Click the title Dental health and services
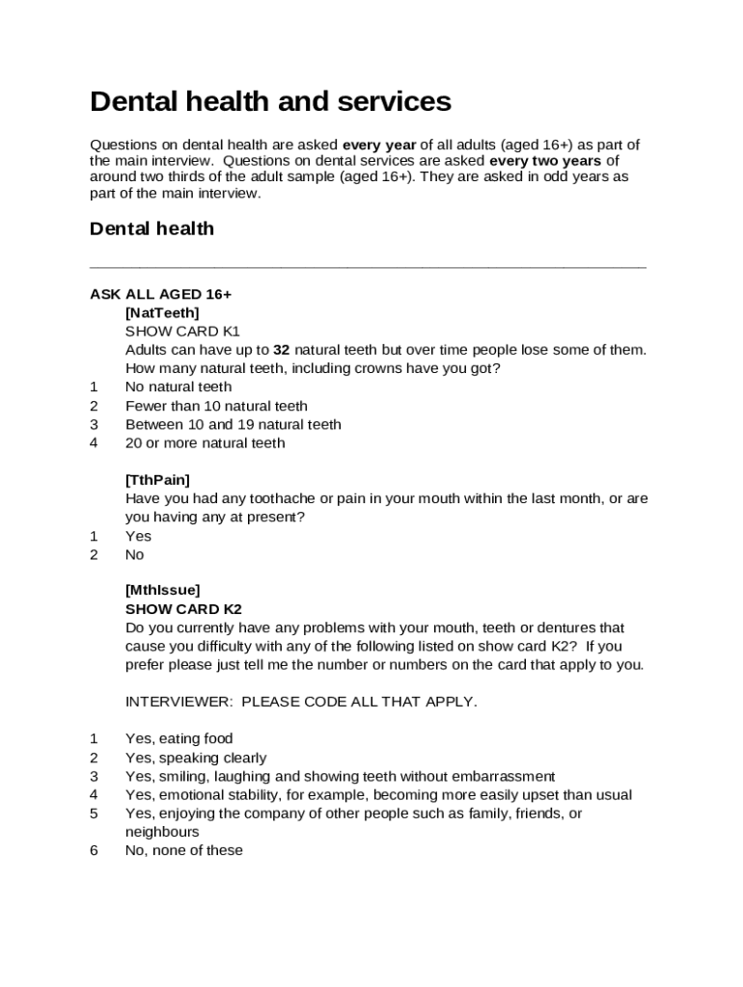(270, 101)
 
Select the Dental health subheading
(151, 228)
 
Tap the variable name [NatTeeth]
(162, 312)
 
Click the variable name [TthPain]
(157, 479)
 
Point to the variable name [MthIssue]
(162, 590)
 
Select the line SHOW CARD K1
(182, 331)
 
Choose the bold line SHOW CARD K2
(183, 609)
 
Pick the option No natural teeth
(179, 387)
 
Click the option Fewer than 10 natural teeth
(216, 406)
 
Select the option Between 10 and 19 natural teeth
(233, 424)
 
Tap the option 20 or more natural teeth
(206, 443)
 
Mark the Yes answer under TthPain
(138, 536)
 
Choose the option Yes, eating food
(179, 739)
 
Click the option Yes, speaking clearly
(196, 758)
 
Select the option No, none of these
(183, 850)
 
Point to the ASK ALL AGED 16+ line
(160, 294)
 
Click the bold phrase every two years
(545, 161)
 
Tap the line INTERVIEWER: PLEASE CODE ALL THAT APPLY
(301, 702)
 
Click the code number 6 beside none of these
(95, 850)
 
